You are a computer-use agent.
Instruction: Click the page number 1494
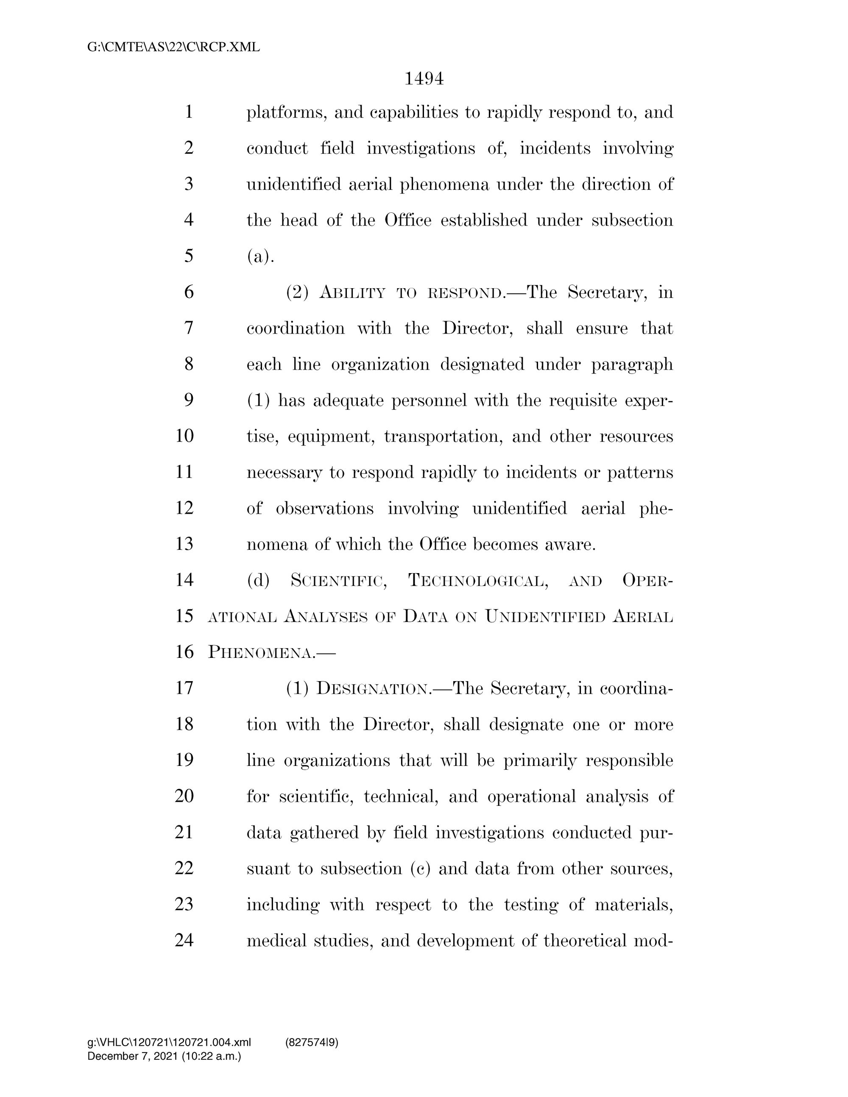(424, 79)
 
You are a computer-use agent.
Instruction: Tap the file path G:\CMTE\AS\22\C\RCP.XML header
(174, 47)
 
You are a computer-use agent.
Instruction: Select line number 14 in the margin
(184, 580)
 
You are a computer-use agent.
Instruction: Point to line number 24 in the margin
(184, 940)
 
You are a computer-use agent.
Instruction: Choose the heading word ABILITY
(352, 292)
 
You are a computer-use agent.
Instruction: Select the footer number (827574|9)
(312, 1042)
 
